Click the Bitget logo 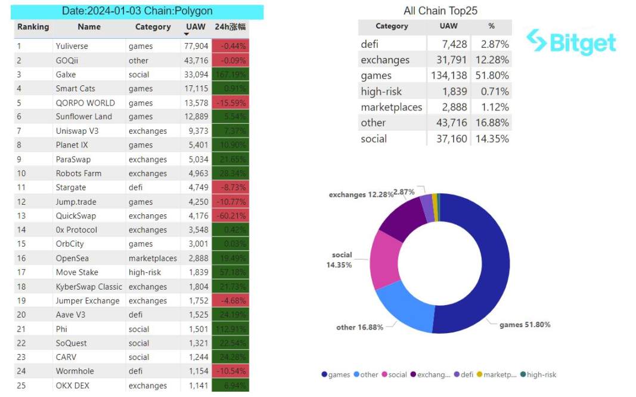point(572,42)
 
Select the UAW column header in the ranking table point(196,27)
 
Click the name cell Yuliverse point(72,46)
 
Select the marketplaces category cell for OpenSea point(153,258)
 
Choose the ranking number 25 point(22,385)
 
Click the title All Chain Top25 point(440,11)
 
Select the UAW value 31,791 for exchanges point(449,60)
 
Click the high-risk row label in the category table point(381,91)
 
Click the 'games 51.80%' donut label point(525,325)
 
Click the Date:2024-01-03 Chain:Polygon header point(137,11)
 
